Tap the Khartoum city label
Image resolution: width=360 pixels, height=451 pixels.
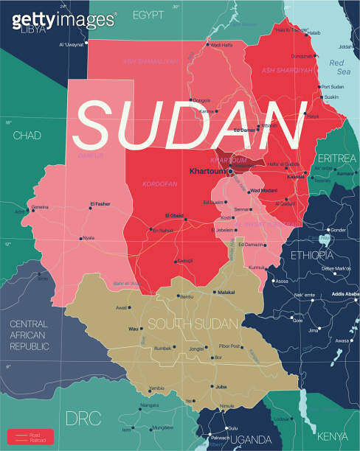(x=207, y=172)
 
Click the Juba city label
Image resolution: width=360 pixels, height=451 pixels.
(x=221, y=385)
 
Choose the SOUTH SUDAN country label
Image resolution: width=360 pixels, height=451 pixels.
(x=193, y=324)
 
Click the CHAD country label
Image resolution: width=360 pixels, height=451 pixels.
(x=27, y=136)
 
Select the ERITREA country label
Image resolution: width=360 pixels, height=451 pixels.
(x=337, y=158)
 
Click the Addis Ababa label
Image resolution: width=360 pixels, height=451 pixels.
(x=345, y=295)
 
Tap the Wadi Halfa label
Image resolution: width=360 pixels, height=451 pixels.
(x=221, y=45)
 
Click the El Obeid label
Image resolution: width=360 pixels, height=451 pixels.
(x=174, y=215)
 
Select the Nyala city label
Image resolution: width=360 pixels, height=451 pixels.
(x=89, y=238)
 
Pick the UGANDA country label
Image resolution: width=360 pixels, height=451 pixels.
(x=251, y=440)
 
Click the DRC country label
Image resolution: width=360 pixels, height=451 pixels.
(x=82, y=418)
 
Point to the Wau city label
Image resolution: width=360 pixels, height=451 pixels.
(x=134, y=329)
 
